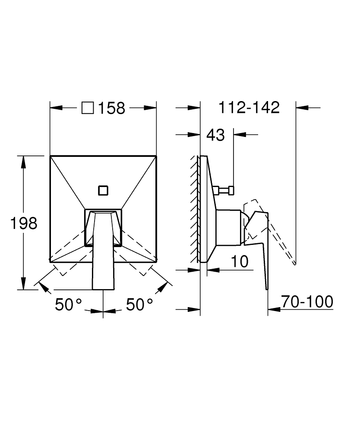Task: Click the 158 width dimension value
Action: [x=111, y=108]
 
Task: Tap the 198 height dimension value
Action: [x=24, y=223]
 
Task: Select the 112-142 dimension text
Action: [x=249, y=108]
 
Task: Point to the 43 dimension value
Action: [x=215, y=135]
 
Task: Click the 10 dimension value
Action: [x=240, y=261]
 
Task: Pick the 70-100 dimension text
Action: [x=307, y=302]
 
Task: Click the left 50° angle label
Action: [x=69, y=305]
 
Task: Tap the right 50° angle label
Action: [x=139, y=305]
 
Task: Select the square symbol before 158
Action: [x=88, y=108]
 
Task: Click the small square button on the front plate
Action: [x=103, y=191]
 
